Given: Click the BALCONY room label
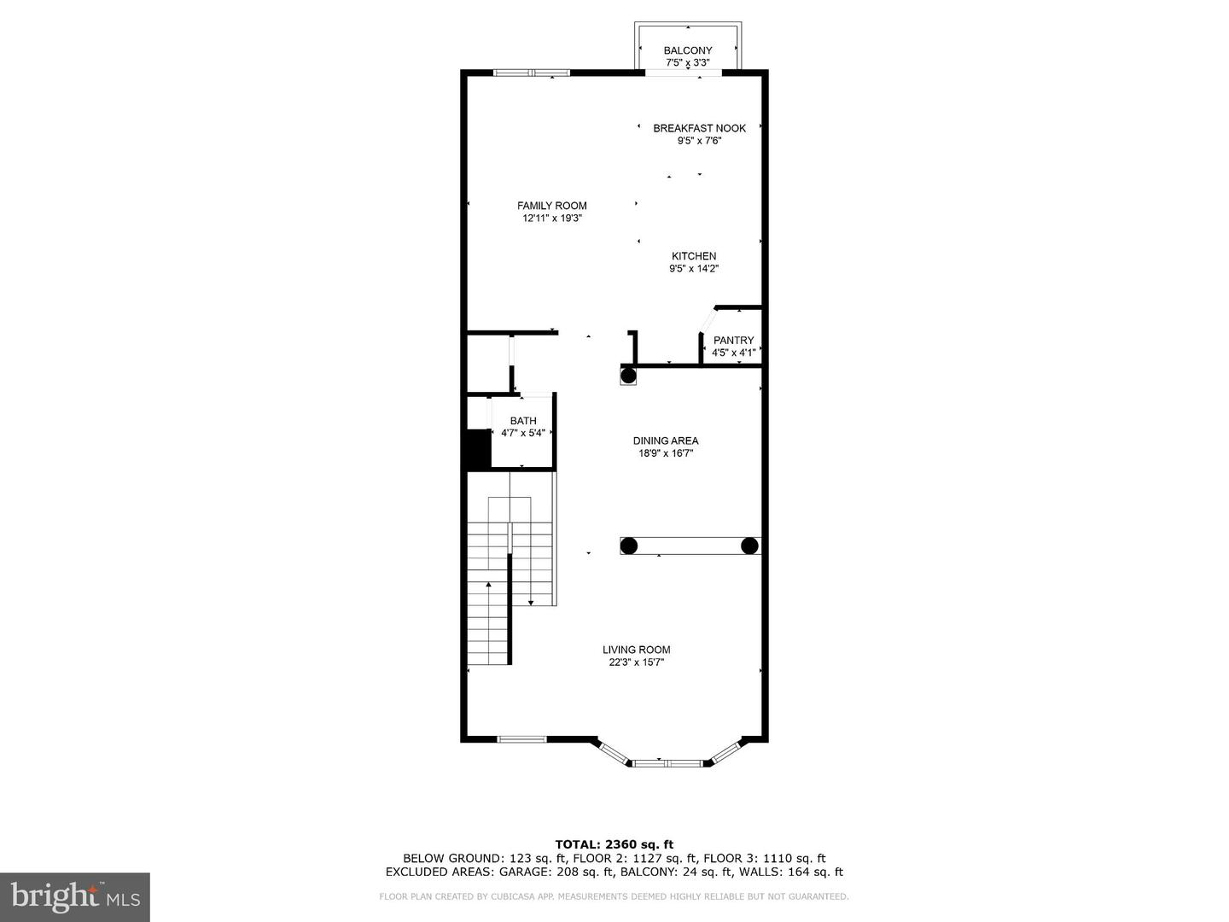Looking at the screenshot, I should tap(687, 50).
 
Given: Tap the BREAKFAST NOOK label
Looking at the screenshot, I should tap(699, 128).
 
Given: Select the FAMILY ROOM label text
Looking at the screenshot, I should tap(551, 206).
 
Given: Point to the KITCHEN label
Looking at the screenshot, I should tap(693, 256).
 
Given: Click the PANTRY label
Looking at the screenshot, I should tap(733, 340).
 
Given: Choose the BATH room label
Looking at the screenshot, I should tap(523, 421).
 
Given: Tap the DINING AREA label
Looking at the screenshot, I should tap(665, 441).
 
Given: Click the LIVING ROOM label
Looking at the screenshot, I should tap(636, 650).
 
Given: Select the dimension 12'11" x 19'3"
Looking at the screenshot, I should tap(552, 219).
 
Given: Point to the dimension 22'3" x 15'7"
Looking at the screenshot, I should tap(636, 662).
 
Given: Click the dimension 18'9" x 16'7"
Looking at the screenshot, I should tap(665, 454).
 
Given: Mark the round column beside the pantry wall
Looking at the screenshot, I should tap(628, 375).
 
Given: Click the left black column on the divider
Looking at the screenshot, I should tap(628, 546).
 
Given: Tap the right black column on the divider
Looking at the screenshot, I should tap(749, 546).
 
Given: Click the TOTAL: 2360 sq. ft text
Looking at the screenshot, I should tap(614, 844).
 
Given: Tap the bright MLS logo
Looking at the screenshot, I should tap(74, 896).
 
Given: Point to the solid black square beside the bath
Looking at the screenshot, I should tap(476, 448).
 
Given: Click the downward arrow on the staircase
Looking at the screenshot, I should tap(531, 602).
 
